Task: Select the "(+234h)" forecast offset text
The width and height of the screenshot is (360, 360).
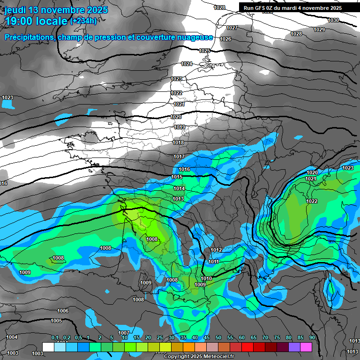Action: pos(83,21)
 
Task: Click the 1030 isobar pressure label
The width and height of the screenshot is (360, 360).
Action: pos(333,20)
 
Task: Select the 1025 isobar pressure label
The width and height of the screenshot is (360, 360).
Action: pos(204,51)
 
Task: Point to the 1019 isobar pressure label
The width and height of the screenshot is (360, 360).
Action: pos(179,127)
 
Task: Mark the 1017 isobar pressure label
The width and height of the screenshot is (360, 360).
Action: pos(179,157)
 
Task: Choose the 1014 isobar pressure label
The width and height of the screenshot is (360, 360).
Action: pos(179,188)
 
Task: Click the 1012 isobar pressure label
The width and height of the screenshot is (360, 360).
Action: pos(216,250)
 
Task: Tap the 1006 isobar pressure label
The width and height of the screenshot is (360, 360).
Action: pos(63,311)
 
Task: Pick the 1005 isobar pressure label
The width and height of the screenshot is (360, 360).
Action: pos(56,321)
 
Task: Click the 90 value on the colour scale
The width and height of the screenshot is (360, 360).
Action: pos(312,337)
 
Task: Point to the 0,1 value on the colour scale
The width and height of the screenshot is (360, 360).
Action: pos(54,337)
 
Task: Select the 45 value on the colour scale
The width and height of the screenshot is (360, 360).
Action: pos(207,337)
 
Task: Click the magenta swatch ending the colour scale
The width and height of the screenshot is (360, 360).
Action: pos(306,347)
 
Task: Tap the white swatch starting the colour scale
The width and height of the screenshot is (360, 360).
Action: pos(48,347)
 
